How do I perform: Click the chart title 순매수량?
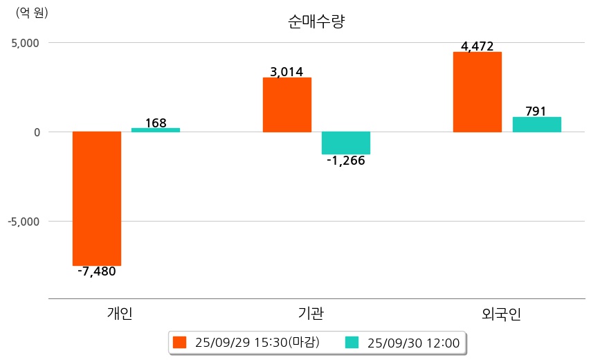click(x=316, y=21)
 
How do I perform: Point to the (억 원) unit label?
click(x=32, y=12)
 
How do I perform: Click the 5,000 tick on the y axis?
click(x=24, y=43)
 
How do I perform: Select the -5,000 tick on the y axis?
click(x=23, y=222)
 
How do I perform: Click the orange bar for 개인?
click(x=97, y=198)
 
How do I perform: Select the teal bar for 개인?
click(x=156, y=129)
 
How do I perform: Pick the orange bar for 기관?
click(x=287, y=105)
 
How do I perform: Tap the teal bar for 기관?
click(x=346, y=143)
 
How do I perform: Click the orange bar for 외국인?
click(x=477, y=91)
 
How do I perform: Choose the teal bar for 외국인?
click(x=536, y=125)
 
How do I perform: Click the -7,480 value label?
click(x=97, y=271)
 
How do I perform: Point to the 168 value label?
click(x=156, y=123)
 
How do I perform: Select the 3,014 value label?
click(x=287, y=72)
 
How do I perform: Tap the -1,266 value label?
click(x=346, y=161)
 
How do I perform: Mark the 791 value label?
click(x=536, y=111)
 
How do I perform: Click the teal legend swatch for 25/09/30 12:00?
click(x=352, y=343)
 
